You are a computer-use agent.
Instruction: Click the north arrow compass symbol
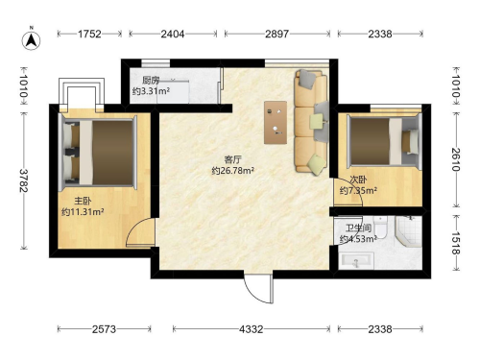(x=31, y=40)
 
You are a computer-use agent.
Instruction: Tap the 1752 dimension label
(x=89, y=34)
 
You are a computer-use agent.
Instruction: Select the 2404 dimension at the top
(x=173, y=34)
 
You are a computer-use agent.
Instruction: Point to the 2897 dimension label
(x=276, y=34)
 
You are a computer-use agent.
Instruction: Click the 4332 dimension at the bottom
(x=252, y=329)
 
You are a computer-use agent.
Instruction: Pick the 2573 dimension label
(x=104, y=329)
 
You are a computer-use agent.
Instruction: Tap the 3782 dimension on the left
(x=23, y=180)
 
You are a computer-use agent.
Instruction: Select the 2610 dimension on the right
(x=456, y=159)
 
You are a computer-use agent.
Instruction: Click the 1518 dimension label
(x=456, y=243)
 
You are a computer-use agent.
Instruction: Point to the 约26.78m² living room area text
(x=233, y=171)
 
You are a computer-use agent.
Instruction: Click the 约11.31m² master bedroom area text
(x=83, y=212)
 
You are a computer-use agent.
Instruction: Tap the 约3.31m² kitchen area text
(x=151, y=91)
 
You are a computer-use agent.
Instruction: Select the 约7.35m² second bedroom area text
(x=358, y=191)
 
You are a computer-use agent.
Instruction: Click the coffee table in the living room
(x=276, y=123)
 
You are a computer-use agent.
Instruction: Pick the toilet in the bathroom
(x=381, y=228)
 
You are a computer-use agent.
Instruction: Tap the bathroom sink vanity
(x=357, y=260)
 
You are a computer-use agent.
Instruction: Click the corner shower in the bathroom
(x=408, y=231)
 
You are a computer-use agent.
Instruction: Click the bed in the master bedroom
(x=98, y=152)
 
